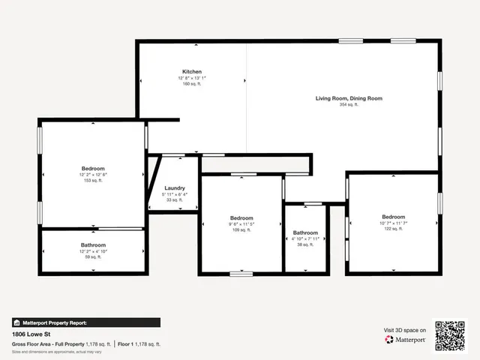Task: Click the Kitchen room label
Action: point(191,71)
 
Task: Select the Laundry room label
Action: point(175,188)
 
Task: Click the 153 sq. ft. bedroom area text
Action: point(93,181)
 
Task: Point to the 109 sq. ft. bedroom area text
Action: point(241,230)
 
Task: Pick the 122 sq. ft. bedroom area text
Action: point(393,229)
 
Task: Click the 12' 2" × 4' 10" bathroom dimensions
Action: point(93,251)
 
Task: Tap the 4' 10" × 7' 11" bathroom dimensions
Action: point(305,238)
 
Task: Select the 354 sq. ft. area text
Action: point(349,105)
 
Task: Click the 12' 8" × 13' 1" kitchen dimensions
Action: point(191,78)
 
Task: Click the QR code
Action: point(450,335)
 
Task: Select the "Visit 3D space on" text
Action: point(405,330)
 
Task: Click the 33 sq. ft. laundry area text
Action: point(175,200)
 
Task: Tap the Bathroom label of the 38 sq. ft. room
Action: point(305,232)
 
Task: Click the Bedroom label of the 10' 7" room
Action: point(393,217)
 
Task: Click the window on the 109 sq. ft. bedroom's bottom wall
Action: point(241,274)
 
